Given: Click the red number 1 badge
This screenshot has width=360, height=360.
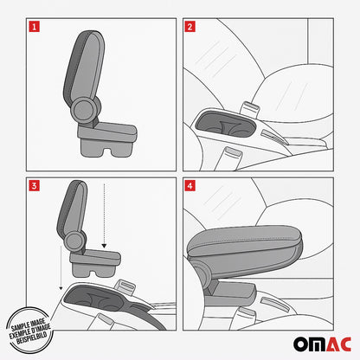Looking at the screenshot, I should coord(34,27).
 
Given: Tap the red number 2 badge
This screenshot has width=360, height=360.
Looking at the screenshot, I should coord(190,27).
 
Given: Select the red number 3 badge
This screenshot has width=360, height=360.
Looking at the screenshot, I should coord(34,184).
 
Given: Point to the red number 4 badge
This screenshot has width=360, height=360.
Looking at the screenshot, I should coord(190,184).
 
